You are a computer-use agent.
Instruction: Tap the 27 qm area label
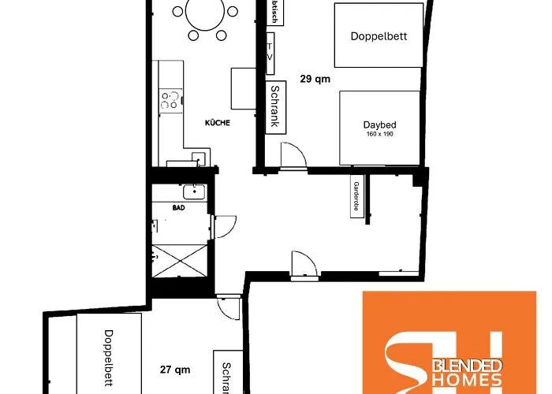pos(175,370)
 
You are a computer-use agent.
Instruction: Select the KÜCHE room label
pos(218,123)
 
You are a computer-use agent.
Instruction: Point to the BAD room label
pos(178,208)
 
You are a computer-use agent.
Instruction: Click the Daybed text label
pos(379,125)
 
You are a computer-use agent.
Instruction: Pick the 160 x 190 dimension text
pos(379,135)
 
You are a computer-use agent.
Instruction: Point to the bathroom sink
pos(192,191)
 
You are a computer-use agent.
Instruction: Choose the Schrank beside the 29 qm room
pos(274,107)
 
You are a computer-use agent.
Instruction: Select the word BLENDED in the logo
pos(470,366)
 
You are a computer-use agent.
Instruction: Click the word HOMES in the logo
pos(470,381)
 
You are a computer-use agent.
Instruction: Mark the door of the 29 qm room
pos(293,156)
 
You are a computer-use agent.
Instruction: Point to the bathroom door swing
pos(223,228)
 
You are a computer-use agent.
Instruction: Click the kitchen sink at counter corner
pos(197,158)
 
